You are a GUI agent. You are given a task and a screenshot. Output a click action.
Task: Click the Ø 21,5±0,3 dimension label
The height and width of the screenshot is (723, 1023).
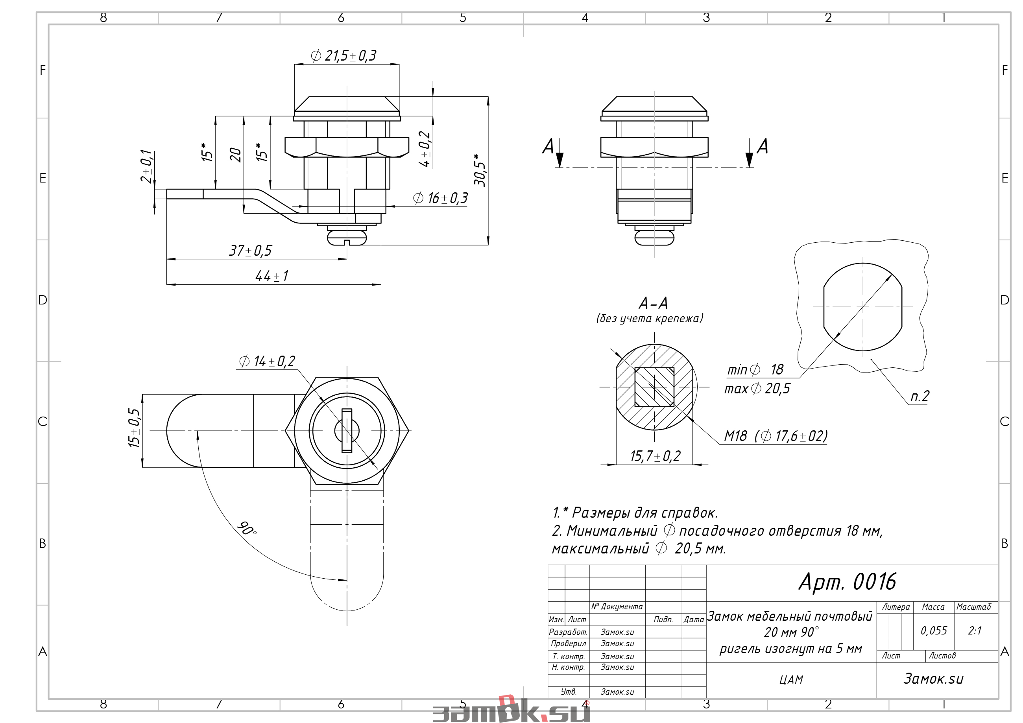coord(343,56)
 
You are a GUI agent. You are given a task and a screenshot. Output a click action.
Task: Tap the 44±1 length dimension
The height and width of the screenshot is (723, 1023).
coord(272,276)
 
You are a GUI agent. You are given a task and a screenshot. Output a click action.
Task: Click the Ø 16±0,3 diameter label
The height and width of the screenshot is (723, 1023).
coord(440,198)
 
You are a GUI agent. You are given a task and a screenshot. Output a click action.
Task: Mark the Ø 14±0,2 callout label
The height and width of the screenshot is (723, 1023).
coord(267,361)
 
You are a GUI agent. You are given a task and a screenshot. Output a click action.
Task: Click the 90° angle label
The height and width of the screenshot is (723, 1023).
coord(247,528)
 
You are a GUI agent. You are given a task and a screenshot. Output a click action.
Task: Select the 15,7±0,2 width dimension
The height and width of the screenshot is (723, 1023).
coord(655,456)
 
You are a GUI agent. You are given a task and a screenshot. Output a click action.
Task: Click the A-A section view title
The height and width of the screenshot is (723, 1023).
coord(653,303)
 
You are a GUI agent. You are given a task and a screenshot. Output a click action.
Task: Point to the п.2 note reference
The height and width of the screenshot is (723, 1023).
coord(920,396)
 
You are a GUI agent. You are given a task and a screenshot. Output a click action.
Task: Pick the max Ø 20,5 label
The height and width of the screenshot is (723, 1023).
coord(757,389)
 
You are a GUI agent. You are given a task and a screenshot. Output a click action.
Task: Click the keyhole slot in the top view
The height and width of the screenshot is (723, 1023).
coord(347,430)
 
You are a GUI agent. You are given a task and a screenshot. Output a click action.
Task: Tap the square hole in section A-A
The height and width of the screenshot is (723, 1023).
coord(654,387)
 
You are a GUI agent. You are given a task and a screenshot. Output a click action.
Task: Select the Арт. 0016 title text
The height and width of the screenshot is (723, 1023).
coord(847,582)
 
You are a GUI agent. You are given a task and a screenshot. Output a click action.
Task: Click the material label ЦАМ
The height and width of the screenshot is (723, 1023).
coord(791,680)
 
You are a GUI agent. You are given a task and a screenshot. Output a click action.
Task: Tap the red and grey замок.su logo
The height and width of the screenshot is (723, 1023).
coord(511,710)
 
